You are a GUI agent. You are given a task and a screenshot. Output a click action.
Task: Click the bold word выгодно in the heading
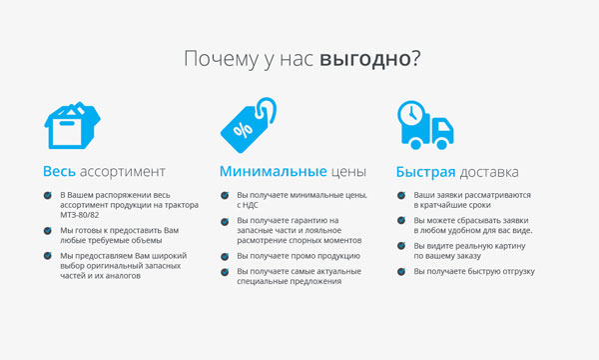coord(364,59)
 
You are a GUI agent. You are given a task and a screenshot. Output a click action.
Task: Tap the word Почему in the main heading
coord(222,59)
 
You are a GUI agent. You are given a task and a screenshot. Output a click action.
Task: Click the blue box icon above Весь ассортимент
coord(72,125)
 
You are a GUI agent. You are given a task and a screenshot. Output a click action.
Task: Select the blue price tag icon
coord(249,125)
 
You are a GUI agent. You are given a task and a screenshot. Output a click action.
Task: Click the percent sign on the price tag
coord(243,130)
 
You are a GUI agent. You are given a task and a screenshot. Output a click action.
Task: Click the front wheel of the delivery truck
coord(441,144)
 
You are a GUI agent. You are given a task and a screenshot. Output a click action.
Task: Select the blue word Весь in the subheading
coord(59,171)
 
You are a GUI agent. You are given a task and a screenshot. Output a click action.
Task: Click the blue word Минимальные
coord(274,171)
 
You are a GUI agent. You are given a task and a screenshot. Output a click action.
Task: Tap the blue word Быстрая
coord(425,172)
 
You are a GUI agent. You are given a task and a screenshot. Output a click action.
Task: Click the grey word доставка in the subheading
coord(489,173)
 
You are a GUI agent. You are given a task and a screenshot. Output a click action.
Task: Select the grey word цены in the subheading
coord(348,172)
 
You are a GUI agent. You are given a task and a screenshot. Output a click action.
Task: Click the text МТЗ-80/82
coord(80,215)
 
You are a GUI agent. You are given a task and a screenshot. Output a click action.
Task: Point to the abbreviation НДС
coord(251,205)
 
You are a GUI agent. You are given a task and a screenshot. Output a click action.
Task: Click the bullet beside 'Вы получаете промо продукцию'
coord(225,256)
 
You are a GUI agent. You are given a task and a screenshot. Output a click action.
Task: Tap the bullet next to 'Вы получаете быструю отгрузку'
coord(401,272)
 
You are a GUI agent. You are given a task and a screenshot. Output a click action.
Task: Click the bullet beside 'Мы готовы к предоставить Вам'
coord(47,231)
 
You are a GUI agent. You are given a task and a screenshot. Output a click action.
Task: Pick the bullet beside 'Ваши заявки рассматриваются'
coord(401,195)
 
